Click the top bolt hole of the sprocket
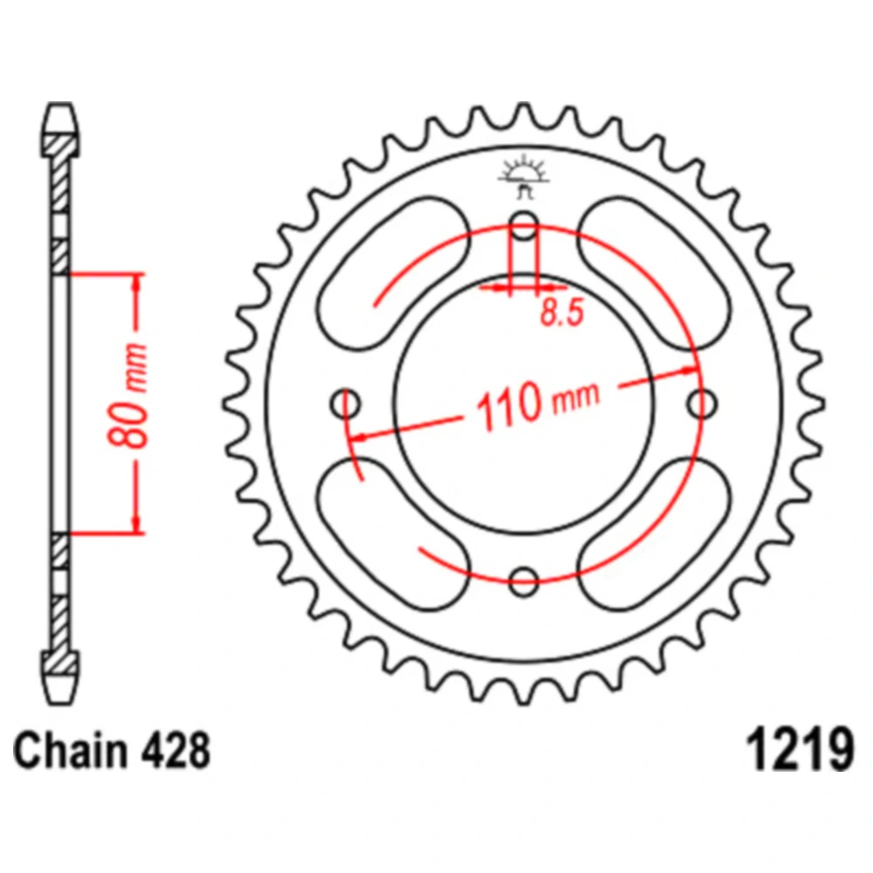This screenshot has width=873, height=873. [x=524, y=225]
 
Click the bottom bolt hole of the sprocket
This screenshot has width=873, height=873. [x=524, y=581]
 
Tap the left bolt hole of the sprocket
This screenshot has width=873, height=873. [x=346, y=403]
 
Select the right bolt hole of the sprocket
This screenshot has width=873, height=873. [x=703, y=403]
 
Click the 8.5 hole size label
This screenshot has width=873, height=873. [x=562, y=313]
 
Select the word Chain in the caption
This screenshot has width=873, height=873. [x=70, y=751]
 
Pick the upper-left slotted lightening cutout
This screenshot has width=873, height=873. [x=394, y=272]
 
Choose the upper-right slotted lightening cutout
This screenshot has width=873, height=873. [x=654, y=272]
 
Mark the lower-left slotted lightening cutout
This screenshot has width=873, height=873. [x=394, y=534]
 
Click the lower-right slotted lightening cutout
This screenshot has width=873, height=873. [x=654, y=534]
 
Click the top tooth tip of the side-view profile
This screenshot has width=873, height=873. [x=60, y=104]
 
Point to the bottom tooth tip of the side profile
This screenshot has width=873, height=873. [x=60, y=703]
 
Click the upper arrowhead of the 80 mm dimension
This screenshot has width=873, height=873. [x=136, y=282]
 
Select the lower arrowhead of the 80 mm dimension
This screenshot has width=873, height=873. [x=136, y=524]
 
